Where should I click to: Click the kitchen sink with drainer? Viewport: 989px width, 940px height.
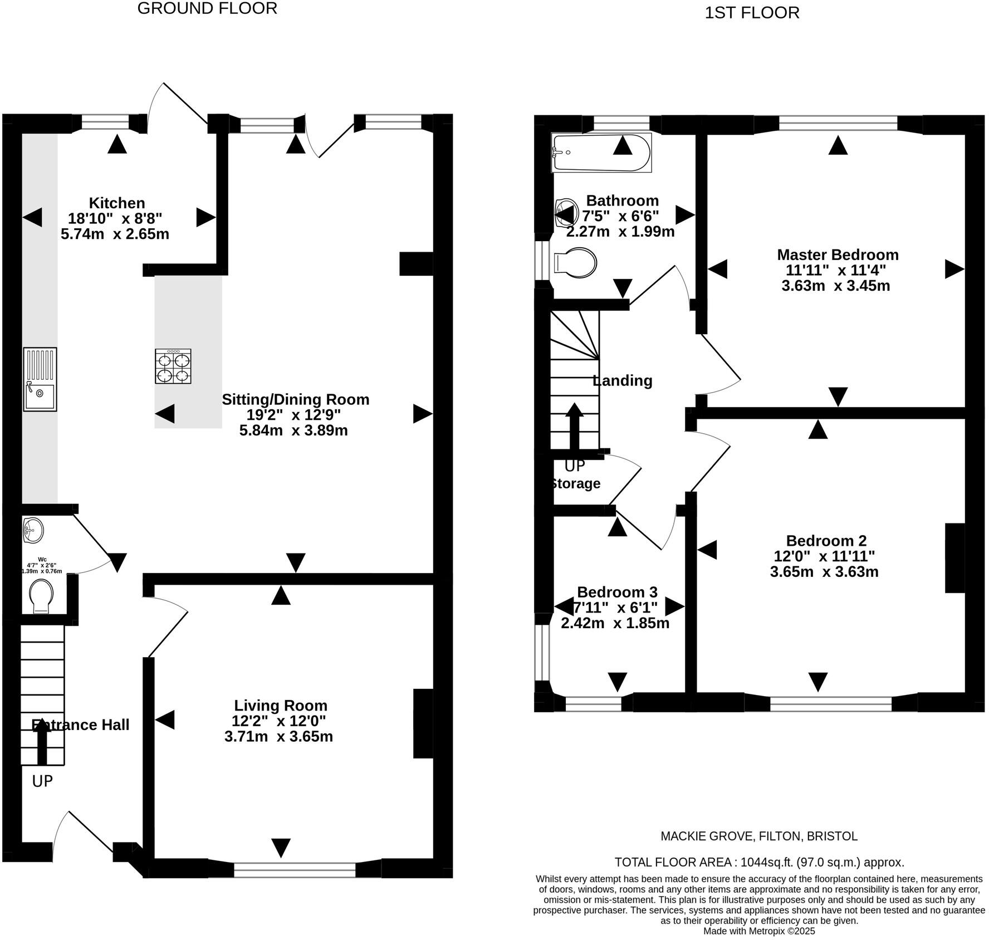tap(40, 379)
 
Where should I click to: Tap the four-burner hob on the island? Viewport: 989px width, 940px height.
tap(173, 366)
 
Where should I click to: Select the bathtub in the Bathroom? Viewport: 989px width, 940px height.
tap(601, 152)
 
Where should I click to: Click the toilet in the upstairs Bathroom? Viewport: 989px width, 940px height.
tap(575, 262)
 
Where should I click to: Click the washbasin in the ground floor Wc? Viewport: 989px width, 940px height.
tap(33, 529)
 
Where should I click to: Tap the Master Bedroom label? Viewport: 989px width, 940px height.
tap(838, 254)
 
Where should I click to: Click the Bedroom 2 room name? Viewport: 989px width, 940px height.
tap(826, 540)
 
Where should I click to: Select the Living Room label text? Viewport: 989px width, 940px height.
tap(280, 706)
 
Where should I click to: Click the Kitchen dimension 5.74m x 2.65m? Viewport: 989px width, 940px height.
tap(115, 234)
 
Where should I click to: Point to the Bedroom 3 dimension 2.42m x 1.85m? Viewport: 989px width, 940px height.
tap(615, 623)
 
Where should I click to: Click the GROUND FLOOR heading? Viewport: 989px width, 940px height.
tap(207, 9)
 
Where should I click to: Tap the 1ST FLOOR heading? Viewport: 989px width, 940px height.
tap(752, 13)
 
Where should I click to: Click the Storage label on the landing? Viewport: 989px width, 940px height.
tap(575, 483)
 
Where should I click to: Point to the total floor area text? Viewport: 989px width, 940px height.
tap(759, 862)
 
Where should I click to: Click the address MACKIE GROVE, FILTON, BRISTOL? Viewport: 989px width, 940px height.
tap(758, 836)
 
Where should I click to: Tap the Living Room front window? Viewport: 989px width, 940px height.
tap(295, 870)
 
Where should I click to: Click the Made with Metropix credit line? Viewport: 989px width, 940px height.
tap(759, 931)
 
